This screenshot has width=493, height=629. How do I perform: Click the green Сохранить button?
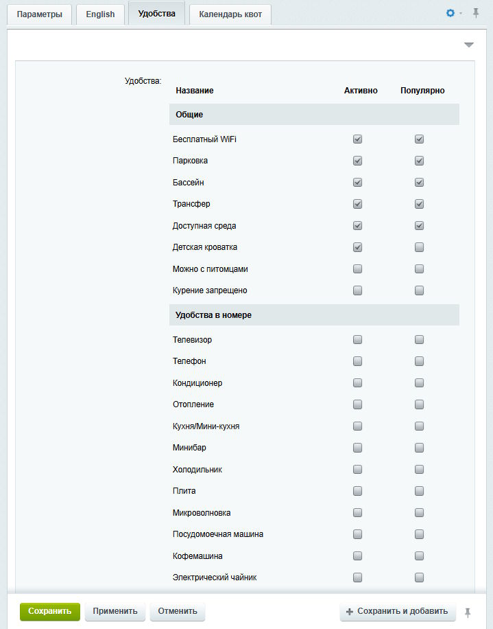point(50,611)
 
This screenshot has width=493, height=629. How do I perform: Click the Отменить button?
point(177,611)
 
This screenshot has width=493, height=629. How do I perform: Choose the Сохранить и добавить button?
point(398,611)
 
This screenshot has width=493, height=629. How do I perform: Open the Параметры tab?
point(39,14)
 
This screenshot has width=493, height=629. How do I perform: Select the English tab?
point(100,14)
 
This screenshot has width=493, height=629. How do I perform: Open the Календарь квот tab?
point(230,14)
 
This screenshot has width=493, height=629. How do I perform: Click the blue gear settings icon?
point(450,13)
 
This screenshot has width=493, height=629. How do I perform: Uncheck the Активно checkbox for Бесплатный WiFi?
point(357,139)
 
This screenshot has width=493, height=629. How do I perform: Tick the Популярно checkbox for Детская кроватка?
point(419,247)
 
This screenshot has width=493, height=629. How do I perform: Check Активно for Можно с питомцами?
point(357,269)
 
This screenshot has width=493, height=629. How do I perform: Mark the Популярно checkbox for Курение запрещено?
point(419,290)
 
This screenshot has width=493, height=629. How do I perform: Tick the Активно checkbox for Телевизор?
point(357,340)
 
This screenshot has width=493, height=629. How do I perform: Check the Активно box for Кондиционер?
point(357,383)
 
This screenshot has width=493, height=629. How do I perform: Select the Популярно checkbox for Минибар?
point(419,448)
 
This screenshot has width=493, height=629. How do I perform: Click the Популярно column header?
point(422,91)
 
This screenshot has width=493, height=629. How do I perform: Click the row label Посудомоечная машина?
point(218,534)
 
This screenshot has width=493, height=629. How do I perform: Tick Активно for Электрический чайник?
point(357,577)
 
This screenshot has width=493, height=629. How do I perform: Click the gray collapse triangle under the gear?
point(469,45)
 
